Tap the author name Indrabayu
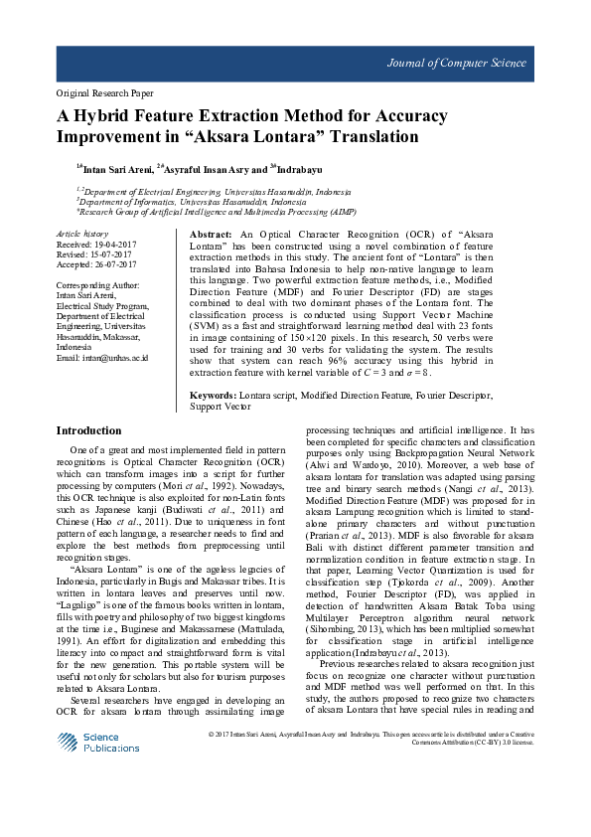pos(301,168)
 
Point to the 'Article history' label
pos(82,232)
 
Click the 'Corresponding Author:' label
pos(99,284)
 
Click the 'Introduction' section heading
pos(88,431)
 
